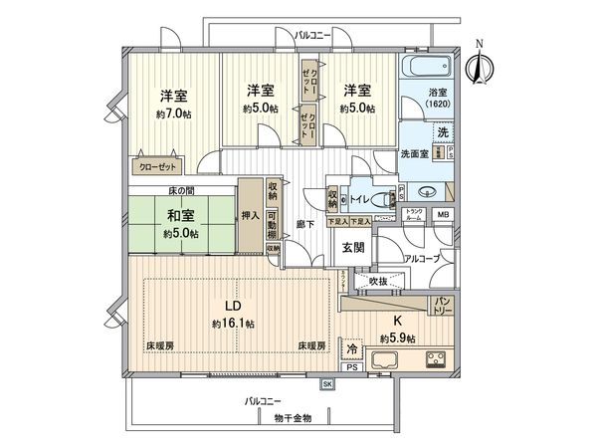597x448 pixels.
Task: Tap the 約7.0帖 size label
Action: coord(174,114)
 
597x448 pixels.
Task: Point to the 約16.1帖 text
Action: coord(233,324)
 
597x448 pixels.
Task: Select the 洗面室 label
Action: coord(413,156)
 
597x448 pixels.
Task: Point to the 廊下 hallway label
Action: coord(306,225)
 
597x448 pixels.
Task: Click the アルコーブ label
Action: coord(424,258)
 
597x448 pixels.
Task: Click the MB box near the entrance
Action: coord(444,215)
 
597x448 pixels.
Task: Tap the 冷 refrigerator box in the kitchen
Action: coord(352,348)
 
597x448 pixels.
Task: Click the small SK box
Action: coord(326,383)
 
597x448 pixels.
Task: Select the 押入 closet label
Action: coord(250,214)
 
